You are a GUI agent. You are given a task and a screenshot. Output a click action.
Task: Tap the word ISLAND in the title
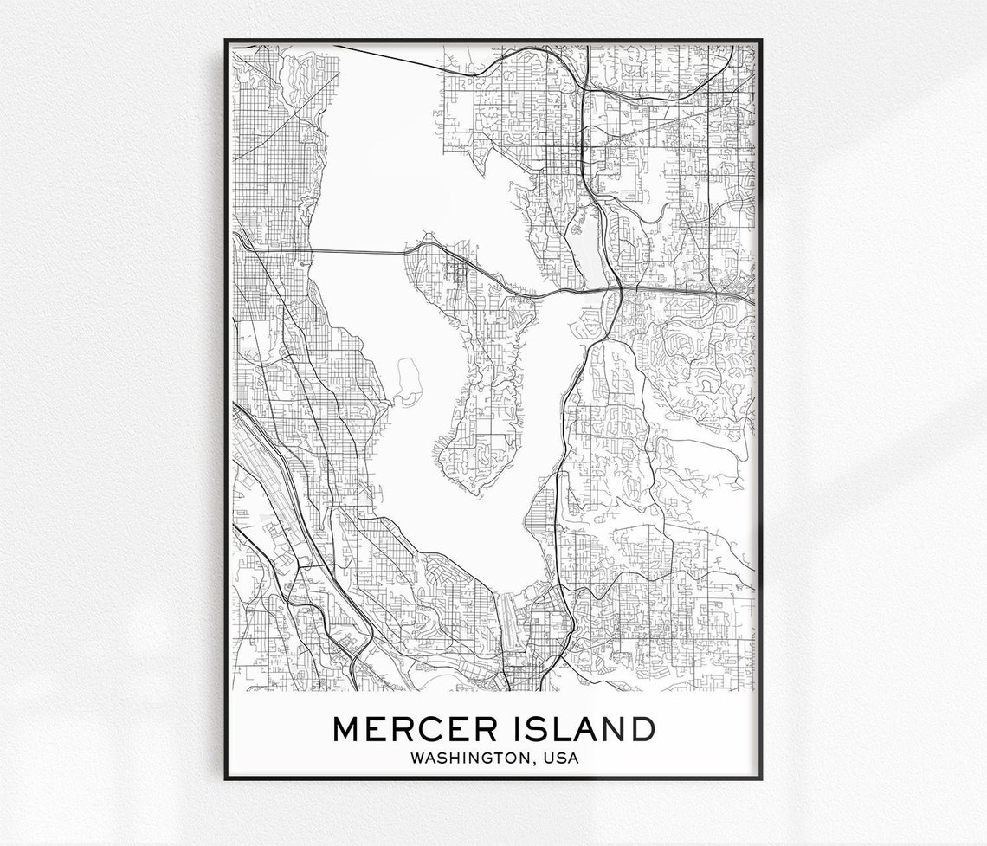[580, 729]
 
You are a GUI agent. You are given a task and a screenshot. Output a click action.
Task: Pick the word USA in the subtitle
[561, 759]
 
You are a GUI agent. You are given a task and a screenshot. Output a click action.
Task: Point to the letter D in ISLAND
[642, 729]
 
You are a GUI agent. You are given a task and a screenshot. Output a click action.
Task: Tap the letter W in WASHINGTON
[418, 759]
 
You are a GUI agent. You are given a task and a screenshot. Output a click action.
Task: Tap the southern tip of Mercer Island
[472, 491]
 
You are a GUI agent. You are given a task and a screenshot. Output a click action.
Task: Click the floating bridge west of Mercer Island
[355, 252]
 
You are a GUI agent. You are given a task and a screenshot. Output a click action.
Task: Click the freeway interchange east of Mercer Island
[618, 288]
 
